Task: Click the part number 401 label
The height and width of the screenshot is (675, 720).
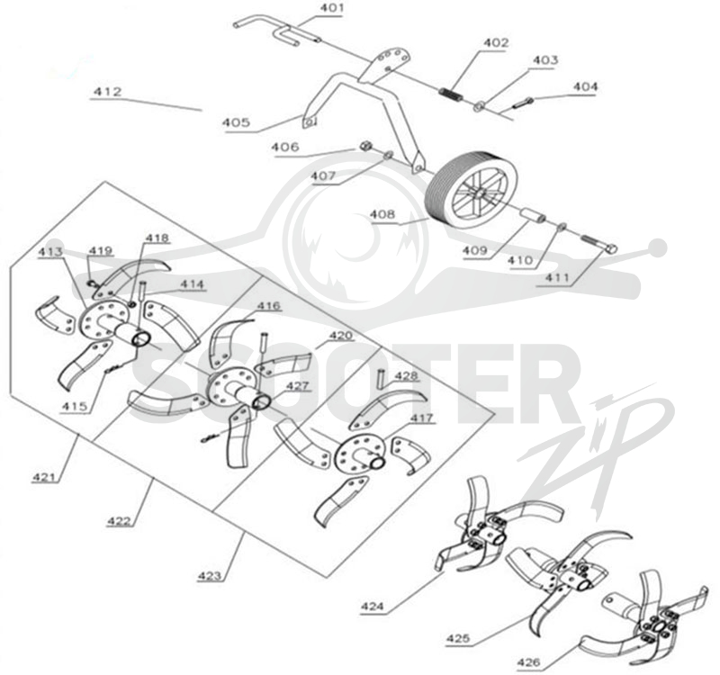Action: (x=330, y=8)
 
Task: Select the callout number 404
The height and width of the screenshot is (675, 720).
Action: (x=586, y=86)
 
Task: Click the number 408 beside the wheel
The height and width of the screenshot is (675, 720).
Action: (x=383, y=214)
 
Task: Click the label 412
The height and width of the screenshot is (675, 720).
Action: (x=108, y=92)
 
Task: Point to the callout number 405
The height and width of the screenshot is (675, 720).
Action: (x=237, y=122)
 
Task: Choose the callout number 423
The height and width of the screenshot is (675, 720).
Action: (x=210, y=575)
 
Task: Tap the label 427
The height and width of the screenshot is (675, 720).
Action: (x=298, y=386)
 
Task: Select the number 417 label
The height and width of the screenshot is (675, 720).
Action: (x=421, y=418)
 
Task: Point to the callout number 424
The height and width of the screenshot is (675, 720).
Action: (x=373, y=607)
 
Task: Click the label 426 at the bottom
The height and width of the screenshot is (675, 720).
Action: (x=529, y=662)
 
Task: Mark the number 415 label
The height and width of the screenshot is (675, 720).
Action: (x=76, y=406)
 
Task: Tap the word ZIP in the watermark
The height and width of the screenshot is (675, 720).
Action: (x=597, y=454)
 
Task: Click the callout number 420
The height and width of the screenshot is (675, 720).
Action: (x=341, y=335)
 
